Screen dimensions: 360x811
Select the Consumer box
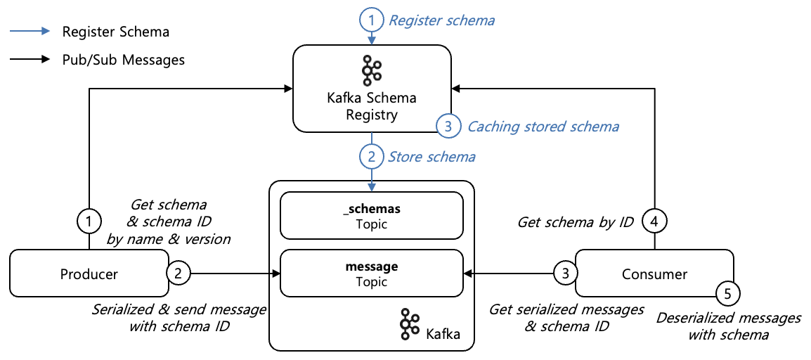(x=654, y=274)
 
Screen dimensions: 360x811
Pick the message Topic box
(x=372, y=274)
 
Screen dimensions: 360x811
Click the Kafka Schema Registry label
(x=372, y=106)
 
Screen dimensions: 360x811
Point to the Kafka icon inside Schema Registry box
(x=371, y=70)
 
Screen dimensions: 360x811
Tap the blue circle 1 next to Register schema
(x=372, y=20)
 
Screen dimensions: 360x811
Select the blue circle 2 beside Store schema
(x=372, y=156)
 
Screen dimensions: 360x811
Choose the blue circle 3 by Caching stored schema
(x=448, y=127)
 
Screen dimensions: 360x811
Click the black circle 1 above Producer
(x=89, y=222)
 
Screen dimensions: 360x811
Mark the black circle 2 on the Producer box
(x=179, y=274)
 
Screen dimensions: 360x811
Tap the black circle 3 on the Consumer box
(x=565, y=274)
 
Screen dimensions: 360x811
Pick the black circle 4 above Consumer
(x=655, y=222)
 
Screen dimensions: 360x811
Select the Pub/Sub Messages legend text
(x=123, y=60)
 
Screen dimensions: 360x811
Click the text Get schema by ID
(x=576, y=222)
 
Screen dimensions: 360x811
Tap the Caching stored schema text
(x=543, y=127)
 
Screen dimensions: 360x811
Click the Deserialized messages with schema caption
(x=728, y=326)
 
